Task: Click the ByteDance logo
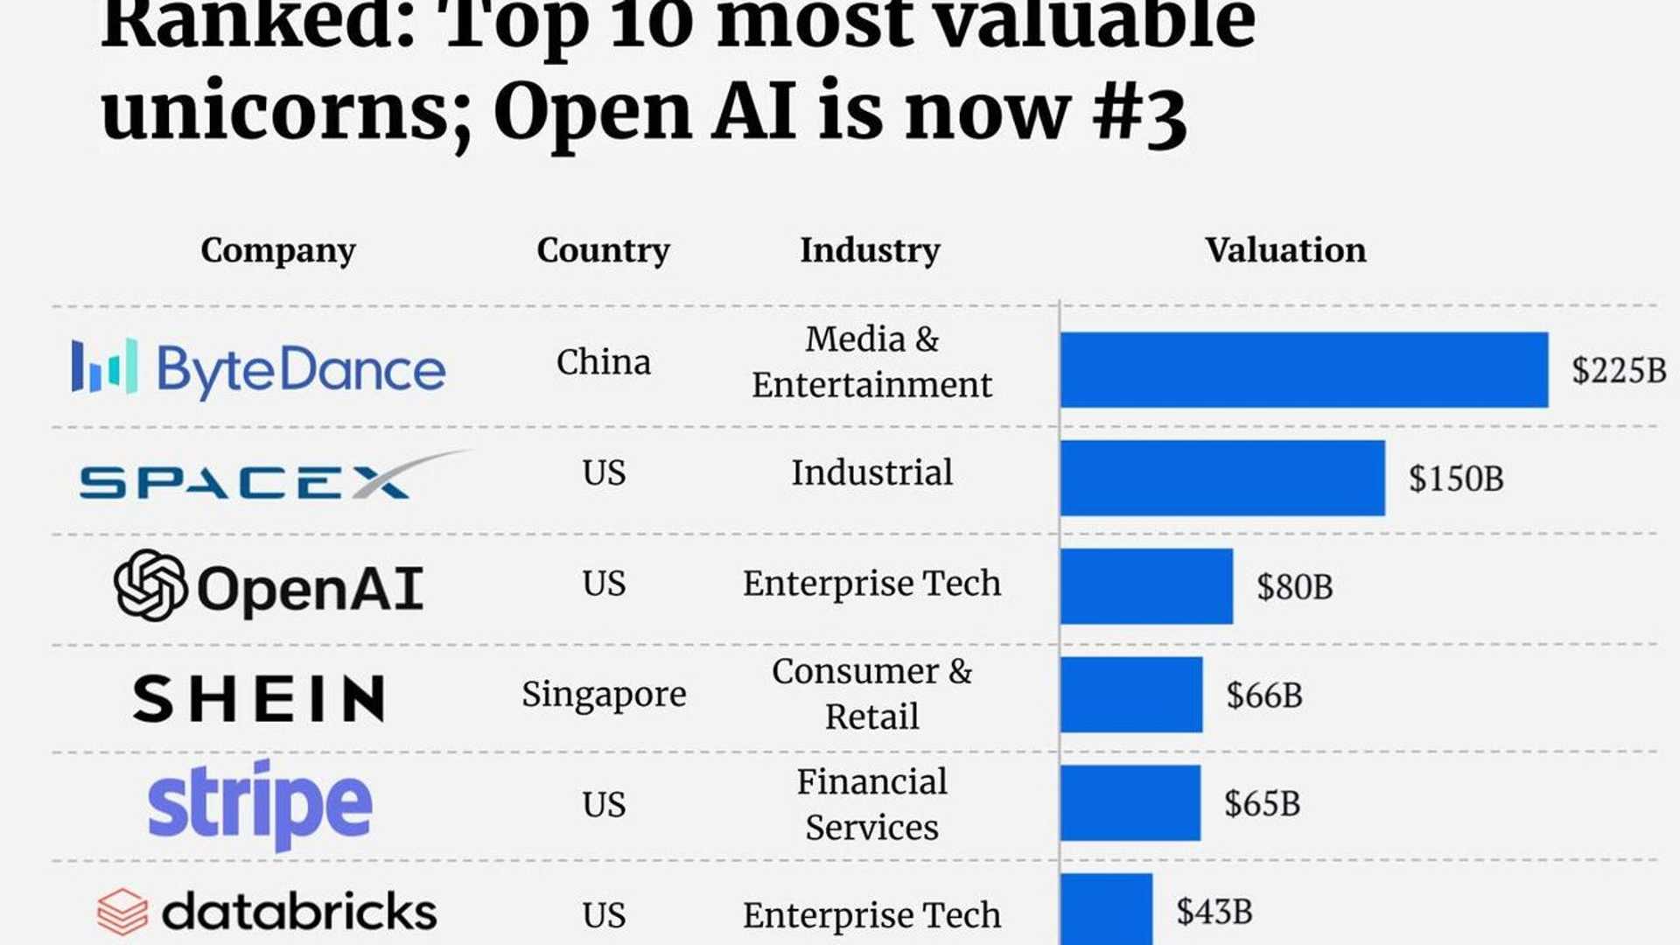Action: tap(258, 368)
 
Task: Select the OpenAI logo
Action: tap(269, 586)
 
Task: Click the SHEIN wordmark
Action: tap(259, 697)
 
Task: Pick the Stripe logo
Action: tap(260, 804)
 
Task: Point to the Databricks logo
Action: tap(267, 912)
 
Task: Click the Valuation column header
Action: tap(1284, 250)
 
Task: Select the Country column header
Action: tap(603, 250)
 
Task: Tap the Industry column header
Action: tap(870, 250)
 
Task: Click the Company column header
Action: tap(278, 250)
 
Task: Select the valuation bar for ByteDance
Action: tap(1304, 369)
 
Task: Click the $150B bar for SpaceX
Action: tap(1222, 478)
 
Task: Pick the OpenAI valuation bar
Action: tap(1146, 586)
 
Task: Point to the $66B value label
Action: tap(1263, 696)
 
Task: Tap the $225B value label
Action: tap(1618, 370)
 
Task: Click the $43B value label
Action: tap(1214, 912)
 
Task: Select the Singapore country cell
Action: tap(604, 695)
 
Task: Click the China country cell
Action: tap(604, 362)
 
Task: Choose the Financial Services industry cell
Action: tap(871, 804)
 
